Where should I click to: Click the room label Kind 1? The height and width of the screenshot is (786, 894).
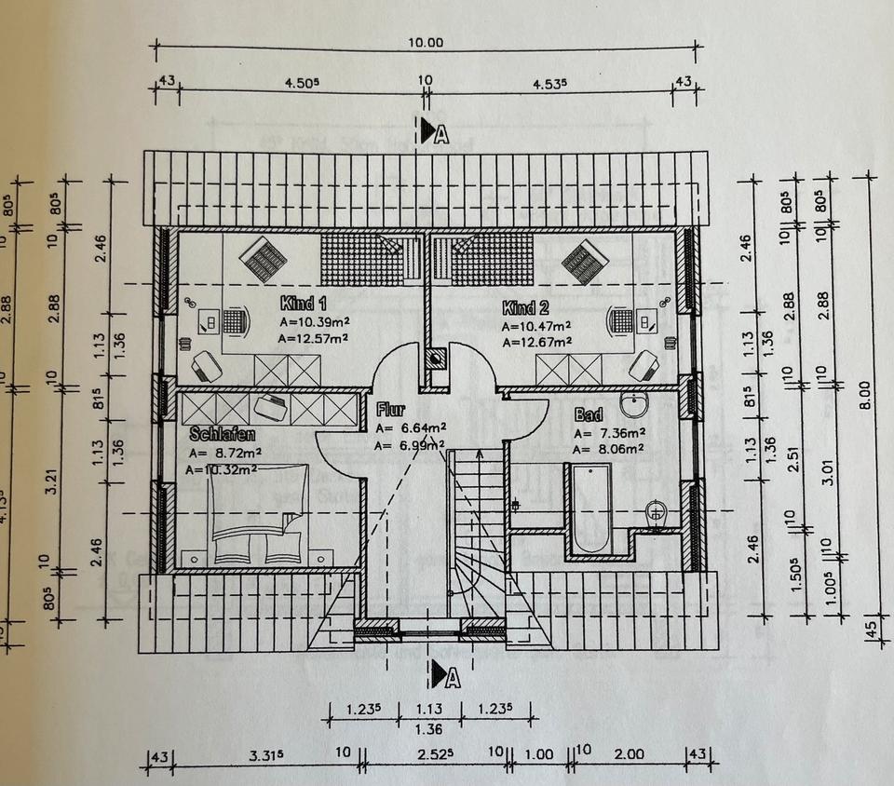click(304, 304)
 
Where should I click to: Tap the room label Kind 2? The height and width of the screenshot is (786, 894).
click(524, 307)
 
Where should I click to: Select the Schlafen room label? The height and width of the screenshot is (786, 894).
click(223, 434)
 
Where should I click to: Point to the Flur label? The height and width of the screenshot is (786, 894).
click(388, 409)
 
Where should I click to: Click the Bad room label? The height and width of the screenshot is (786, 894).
click(589, 414)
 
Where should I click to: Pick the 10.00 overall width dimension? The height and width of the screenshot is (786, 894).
click(427, 42)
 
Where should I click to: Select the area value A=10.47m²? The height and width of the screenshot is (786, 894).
click(536, 326)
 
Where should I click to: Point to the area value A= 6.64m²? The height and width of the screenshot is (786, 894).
click(411, 427)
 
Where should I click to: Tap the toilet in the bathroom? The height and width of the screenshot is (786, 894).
click(657, 510)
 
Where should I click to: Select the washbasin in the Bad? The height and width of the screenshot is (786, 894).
click(635, 404)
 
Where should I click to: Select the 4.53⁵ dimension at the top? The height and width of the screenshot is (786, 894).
click(549, 83)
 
